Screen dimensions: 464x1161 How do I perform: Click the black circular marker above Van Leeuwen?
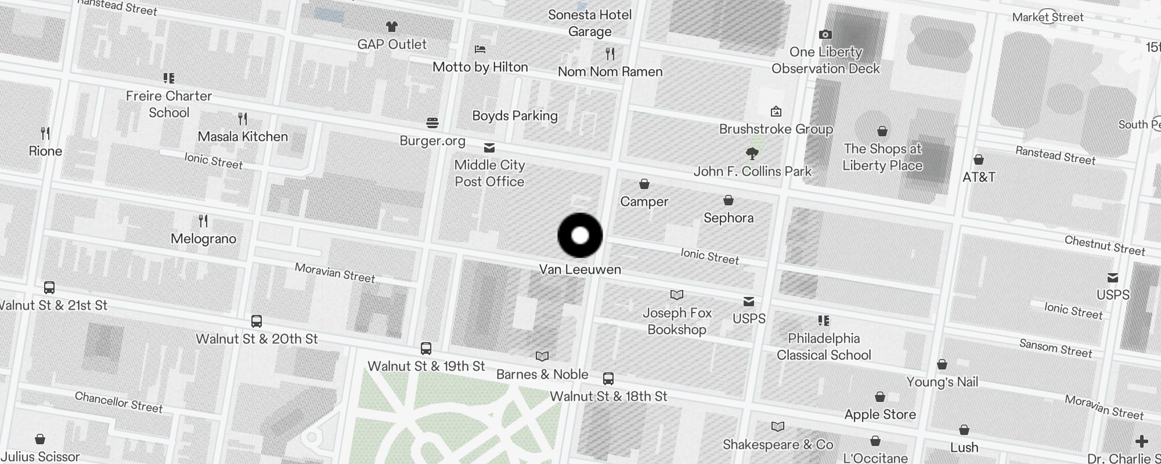coord(580,235)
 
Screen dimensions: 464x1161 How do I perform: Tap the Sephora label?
coord(729,218)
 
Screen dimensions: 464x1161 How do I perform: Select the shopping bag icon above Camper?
coord(644,184)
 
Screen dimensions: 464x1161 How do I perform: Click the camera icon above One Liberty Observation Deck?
coord(825,35)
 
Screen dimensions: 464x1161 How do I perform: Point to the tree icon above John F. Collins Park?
coord(752,154)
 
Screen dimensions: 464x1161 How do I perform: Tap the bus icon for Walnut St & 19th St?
coord(426,349)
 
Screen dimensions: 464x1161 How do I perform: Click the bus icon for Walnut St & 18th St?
coord(608,379)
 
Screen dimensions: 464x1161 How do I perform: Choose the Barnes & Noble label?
coord(542,375)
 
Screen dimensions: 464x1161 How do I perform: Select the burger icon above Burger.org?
coord(432,123)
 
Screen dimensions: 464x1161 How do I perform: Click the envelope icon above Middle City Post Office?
coord(489,148)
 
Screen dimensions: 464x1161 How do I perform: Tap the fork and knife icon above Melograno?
coord(203,221)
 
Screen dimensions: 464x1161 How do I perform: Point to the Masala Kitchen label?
coord(243,137)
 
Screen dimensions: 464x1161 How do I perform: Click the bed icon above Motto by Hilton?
coord(480,49)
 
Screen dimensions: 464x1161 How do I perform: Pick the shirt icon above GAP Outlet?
coord(392,27)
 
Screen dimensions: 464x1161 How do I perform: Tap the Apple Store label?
coord(880,415)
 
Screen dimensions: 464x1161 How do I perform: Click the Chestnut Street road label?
coord(1105,246)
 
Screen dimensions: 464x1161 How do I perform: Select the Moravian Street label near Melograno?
coord(335,273)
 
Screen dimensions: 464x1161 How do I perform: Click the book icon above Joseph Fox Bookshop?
coord(677,295)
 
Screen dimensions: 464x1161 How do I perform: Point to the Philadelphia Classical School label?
coord(824,347)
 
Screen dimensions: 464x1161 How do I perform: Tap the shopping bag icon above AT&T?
coord(979,159)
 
